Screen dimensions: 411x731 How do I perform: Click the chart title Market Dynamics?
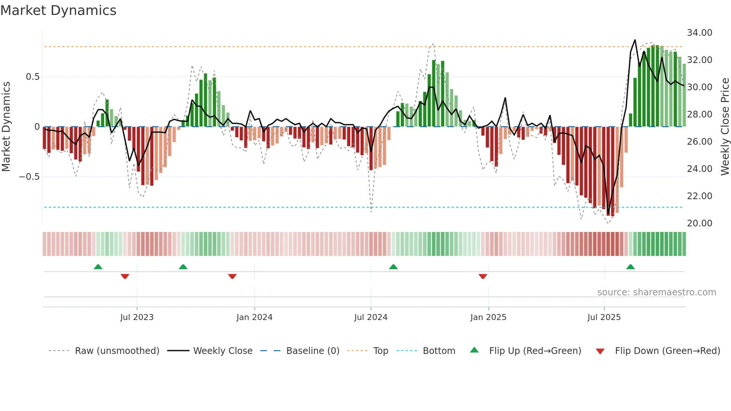pos(58,10)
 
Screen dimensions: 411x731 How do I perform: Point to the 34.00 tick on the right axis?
pos(699,33)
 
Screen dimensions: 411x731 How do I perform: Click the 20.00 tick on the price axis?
pos(699,223)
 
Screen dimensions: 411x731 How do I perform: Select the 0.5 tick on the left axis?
pos(32,77)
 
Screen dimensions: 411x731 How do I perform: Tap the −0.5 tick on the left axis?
pos(29,177)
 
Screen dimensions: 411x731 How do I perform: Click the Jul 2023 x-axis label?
pos(137,317)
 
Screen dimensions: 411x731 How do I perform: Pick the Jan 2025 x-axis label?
pos(488,317)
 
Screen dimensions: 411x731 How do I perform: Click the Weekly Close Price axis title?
pos(725,126)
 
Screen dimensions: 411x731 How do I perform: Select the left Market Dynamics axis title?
pos(6,126)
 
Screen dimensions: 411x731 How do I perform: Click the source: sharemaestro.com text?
pos(656,292)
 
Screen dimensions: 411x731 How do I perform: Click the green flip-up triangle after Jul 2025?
pos(630,267)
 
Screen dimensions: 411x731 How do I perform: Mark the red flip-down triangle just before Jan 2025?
pos(483,276)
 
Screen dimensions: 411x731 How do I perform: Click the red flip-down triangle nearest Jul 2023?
pos(125,276)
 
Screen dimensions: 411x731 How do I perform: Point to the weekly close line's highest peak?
pos(635,40)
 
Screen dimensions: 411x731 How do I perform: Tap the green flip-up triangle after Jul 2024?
pos(393,267)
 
